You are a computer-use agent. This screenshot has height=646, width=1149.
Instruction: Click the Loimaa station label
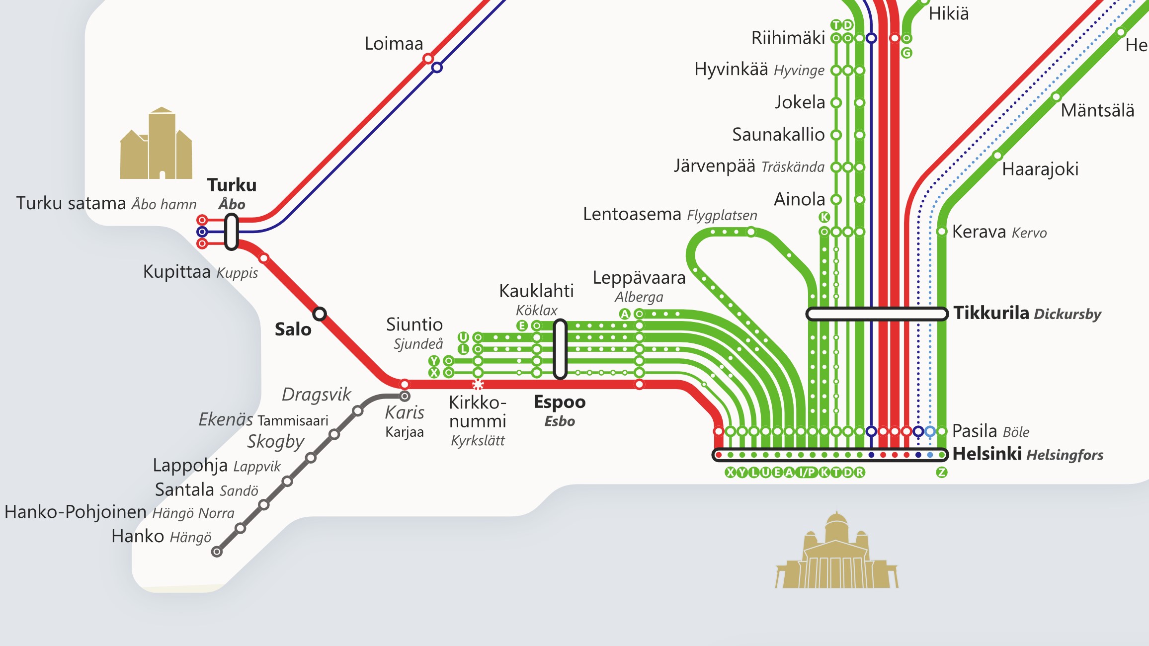click(x=394, y=44)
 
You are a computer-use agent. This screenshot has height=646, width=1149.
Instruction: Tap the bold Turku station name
click(x=232, y=185)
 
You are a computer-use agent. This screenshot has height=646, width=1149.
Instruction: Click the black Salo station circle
click(x=320, y=314)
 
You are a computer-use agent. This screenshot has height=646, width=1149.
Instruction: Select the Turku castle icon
click(x=156, y=144)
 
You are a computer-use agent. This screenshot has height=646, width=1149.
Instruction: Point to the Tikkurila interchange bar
click(x=877, y=314)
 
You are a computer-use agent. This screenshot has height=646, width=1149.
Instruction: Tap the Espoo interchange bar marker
click(x=560, y=349)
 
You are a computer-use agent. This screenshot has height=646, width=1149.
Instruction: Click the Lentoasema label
click(x=632, y=214)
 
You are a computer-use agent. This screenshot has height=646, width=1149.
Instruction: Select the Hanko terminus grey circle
click(x=217, y=552)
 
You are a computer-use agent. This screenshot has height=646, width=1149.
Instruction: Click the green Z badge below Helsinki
click(x=941, y=473)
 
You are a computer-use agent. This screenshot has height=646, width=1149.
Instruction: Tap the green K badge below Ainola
click(x=824, y=217)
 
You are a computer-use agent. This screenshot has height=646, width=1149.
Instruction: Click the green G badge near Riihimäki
click(x=906, y=53)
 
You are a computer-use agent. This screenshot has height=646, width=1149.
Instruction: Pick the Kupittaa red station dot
click(x=264, y=258)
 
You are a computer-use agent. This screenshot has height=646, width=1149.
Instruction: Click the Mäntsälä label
click(x=1097, y=110)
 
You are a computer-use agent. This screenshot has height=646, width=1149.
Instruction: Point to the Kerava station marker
click(x=941, y=232)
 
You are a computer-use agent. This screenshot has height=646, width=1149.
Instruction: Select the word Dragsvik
click(x=316, y=395)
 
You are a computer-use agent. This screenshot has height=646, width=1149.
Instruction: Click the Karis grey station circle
click(x=405, y=396)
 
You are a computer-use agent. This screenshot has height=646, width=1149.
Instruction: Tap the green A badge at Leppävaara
click(x=625, y=314)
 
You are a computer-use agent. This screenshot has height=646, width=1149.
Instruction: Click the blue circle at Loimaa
click(x=437, y=67)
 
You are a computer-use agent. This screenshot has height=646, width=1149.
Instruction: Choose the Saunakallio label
click(x=778, y=135)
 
